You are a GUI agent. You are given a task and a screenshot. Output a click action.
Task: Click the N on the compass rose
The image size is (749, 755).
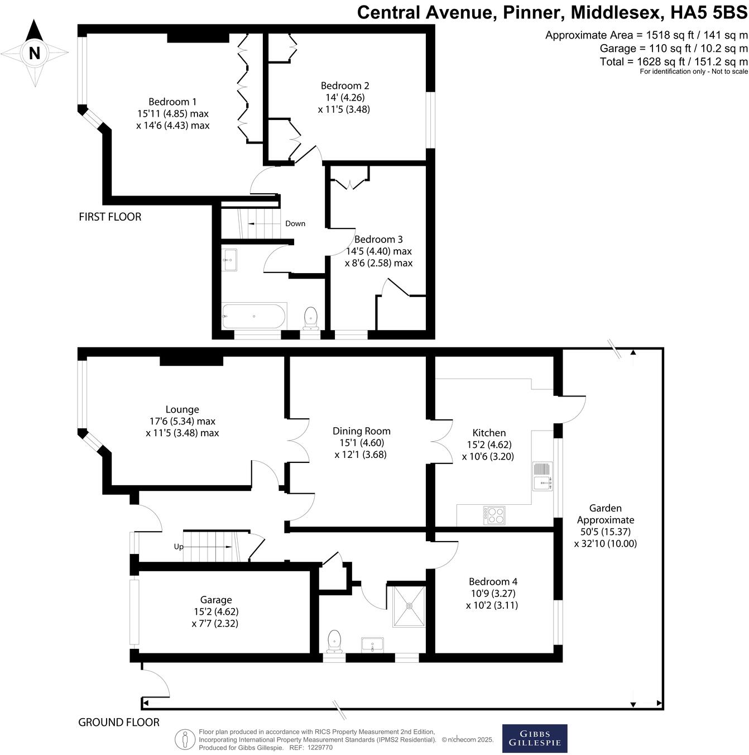click(x=35, y=53)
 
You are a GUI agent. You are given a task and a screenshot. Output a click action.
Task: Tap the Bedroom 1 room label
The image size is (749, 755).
click(x=172, y=102)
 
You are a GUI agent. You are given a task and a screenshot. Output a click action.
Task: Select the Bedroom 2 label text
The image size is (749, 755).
click(x=345, y=85)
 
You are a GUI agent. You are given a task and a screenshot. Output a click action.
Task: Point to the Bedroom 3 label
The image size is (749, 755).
click(x=378, y=239)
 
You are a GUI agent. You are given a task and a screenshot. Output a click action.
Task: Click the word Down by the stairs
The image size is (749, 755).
click(x=295, y=223)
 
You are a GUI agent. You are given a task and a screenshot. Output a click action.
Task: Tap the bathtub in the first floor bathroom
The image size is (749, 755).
click(x=254, y=316)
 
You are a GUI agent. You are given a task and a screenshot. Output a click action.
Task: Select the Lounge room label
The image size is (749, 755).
click(x=182, y=409)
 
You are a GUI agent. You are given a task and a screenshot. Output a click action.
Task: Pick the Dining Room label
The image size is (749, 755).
click(x=361, y=431)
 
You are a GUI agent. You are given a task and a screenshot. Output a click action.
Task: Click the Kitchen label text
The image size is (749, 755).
click(x=489, y=433)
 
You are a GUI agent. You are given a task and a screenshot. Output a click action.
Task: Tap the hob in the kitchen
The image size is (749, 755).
click(x=494, y=515)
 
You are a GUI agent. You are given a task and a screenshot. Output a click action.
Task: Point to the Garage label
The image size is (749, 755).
click(x=215, y=600)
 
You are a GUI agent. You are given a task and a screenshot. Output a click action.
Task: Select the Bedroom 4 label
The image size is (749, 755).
click(x=493, y=581)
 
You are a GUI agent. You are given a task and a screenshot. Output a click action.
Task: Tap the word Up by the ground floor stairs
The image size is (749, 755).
click(x=179, y=547)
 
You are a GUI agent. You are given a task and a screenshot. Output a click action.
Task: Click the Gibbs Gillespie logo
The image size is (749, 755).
click(x=535, y=738)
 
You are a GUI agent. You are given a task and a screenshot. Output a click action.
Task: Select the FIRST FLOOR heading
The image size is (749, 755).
click(x=110, y=217)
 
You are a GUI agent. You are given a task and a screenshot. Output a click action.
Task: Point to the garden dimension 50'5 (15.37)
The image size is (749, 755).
click(x=605, y=532)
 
